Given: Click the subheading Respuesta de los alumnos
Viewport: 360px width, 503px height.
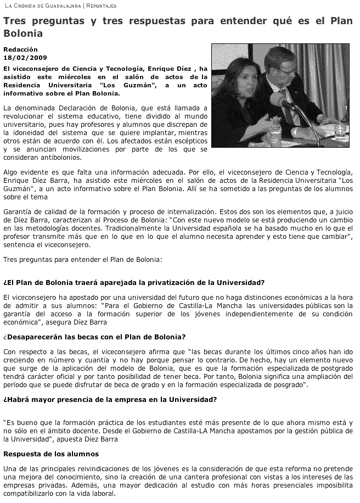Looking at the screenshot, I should [x=51, y=454].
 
